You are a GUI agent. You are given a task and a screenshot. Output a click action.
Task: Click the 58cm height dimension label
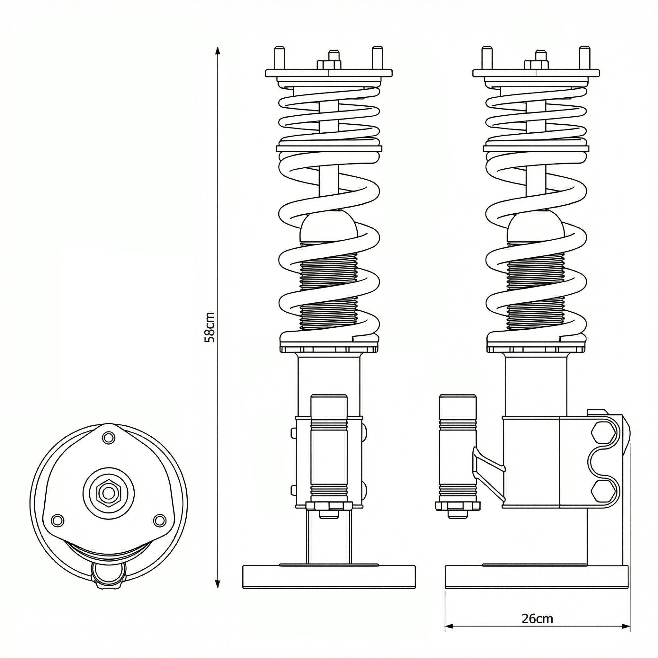(x=209, y=327)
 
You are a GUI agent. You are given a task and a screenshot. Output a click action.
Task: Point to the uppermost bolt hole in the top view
(x=109, y=437)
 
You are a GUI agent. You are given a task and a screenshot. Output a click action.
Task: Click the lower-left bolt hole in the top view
(x=57, y=520)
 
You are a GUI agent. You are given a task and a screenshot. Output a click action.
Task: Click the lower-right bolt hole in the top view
(x=159, y=520)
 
